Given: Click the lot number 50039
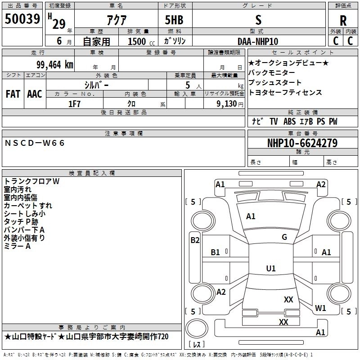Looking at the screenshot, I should coord(22,19).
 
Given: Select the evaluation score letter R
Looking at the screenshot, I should coord(343,21).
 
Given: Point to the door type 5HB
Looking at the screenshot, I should coord(174,20).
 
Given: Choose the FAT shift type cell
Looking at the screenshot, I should coord(13,94).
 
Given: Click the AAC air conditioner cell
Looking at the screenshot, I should coord(34,94).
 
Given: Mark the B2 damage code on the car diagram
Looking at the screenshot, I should coord(195,240).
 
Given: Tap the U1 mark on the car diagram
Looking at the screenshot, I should coord(270,268).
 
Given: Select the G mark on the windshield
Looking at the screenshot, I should coord(284,237).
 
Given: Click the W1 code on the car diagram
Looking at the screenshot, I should coord(320,308).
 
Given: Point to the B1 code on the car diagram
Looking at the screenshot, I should coord(216,252).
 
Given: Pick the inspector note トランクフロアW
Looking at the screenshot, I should coord(32,181).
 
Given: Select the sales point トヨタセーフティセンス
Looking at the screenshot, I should coord(285,92).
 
